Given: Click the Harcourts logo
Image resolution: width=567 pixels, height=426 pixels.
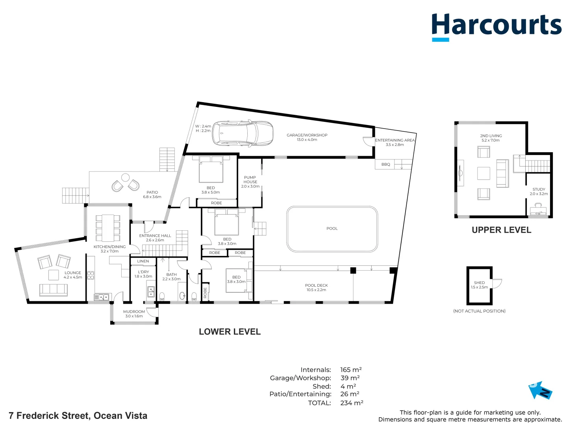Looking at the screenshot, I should [496, 26].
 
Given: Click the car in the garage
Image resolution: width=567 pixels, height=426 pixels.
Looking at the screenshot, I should [243, 133].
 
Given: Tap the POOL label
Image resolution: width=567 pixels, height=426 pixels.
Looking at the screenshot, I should [332, 228].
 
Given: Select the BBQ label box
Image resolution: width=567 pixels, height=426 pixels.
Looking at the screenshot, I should [385, 164].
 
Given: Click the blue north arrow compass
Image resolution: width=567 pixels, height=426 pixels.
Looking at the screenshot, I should [540, 390].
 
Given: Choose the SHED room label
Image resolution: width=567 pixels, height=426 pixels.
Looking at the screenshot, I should [479, 283].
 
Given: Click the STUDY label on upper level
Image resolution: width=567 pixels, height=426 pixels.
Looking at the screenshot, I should [539, 189].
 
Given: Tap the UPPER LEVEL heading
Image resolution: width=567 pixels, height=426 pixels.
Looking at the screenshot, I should [501, 230].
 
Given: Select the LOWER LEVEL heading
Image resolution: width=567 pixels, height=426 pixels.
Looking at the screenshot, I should [230, 332].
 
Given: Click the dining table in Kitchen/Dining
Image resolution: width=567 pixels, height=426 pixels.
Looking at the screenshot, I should [108, 228].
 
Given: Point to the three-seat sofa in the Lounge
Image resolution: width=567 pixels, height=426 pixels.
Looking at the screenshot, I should [54, 290].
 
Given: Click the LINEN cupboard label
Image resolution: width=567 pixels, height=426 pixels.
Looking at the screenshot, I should [143, 261].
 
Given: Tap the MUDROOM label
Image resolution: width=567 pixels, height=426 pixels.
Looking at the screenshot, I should [134, 312].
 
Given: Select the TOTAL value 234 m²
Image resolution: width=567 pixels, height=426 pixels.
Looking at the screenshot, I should [351, 403].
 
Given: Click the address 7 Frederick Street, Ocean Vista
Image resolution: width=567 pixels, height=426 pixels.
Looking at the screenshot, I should [78, 416].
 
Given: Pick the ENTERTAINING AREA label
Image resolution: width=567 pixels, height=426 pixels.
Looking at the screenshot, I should [395, 140].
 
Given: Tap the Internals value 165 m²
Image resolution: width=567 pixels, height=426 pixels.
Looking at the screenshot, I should [351, 370].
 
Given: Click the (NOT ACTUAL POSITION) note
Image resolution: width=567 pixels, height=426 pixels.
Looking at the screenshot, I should [479, 311].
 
